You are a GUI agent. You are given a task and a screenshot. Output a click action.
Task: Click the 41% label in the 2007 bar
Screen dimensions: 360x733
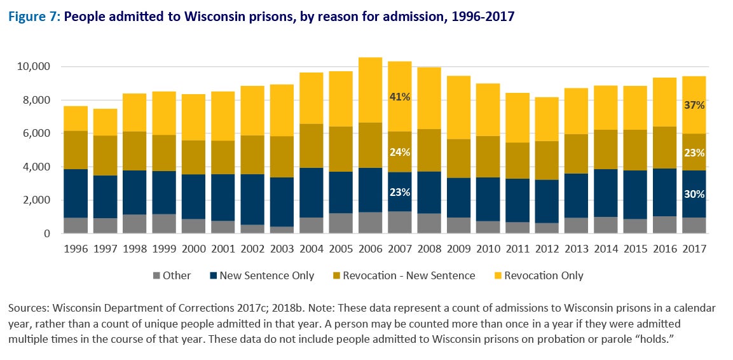click(399, 97)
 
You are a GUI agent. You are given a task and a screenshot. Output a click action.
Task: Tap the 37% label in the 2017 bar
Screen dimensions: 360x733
click(694, 105)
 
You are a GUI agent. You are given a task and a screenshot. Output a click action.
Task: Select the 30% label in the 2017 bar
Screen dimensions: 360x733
click(694, 194)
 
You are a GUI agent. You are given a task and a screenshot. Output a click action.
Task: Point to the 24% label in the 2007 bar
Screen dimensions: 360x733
click(399, 152)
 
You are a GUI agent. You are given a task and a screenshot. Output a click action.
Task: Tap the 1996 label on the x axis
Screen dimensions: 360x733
click(76, 249)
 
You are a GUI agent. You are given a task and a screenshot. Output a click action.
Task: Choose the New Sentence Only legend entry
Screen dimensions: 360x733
click(266, 276)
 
